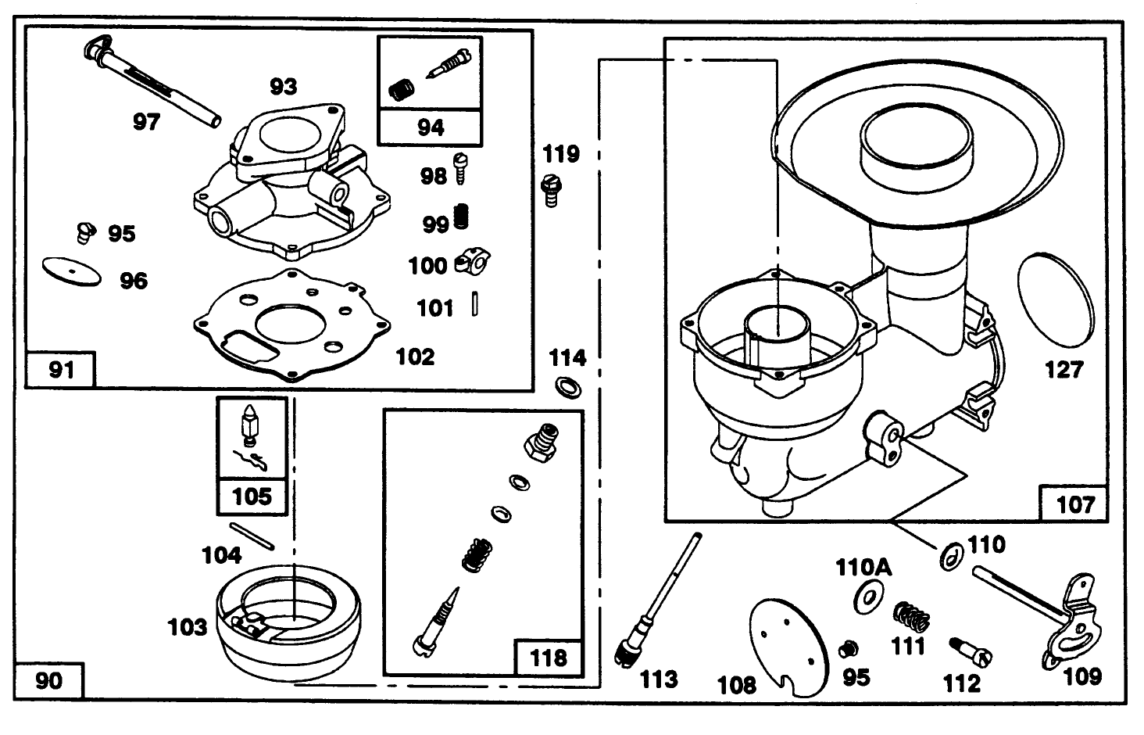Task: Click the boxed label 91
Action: coord(61,369)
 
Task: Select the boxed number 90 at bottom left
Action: coord(48,680)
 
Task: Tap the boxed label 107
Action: coord(1074,504)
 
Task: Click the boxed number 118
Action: coord(548,658)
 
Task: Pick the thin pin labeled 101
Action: coord(474,304)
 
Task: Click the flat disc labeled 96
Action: coord(72,271)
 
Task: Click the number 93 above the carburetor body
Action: coord(283,86)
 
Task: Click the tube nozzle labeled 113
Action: coord(660,598)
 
